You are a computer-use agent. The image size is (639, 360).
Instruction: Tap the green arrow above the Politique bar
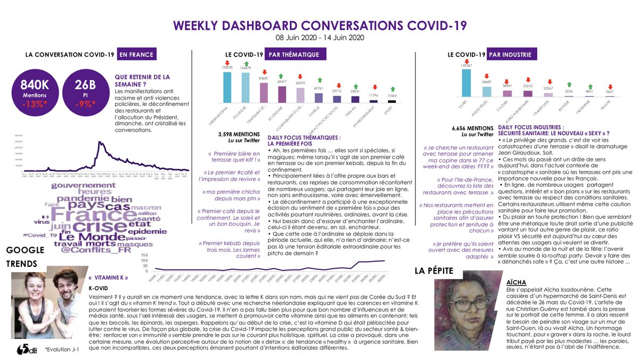click(x=246, y=63)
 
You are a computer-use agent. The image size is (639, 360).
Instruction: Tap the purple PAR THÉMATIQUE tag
click(x=293, y=54)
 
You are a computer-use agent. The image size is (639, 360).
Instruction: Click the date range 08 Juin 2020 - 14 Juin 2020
click(x=319, y=37)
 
